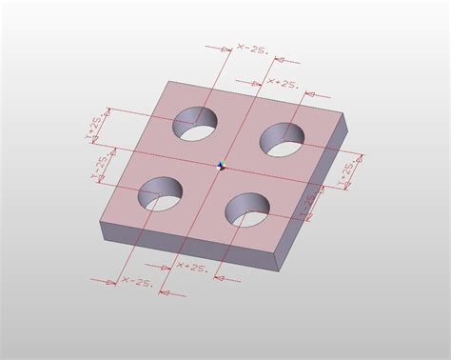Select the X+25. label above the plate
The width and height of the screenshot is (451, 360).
[284, 83]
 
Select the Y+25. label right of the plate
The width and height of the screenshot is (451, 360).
[349, 171]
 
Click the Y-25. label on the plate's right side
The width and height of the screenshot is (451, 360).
[308, 202]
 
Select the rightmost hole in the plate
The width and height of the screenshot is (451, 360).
[283, 139]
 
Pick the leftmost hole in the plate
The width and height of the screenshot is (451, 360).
[160, 193]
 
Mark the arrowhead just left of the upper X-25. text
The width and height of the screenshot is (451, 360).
[229, 50]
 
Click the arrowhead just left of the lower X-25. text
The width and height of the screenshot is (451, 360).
[113, 280]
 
